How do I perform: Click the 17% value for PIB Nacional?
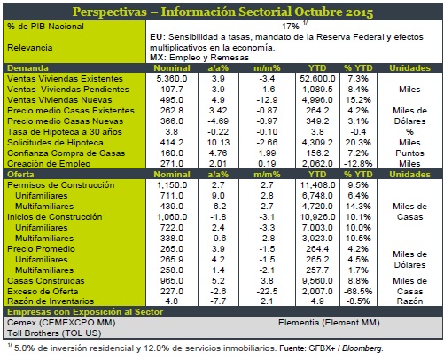(x=291, y=27)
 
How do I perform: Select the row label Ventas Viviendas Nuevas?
(x=59, y=100)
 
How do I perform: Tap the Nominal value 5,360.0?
(x=172, y=79)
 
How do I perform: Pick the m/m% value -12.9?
(x=267, y=100)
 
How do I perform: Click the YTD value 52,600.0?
(x=317, y=79)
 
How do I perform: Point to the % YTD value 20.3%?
(x=358, y=143)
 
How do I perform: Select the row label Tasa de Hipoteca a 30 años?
(x=65, y=132)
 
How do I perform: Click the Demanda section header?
(x=27, y=68)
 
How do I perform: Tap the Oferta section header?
(x=20, y=175)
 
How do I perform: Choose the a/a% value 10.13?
(x=218, y=143)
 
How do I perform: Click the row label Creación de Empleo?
(x=49, y=164)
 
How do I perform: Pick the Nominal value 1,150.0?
(x=172, y=185)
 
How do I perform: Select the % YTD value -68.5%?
(x=358, y=292)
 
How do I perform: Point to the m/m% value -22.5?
(x=267, y=292)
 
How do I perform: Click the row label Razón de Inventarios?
(x=51, y=301)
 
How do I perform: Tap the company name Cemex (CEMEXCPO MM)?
(x=61, y=322)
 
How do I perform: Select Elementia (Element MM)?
(x=329, y=323)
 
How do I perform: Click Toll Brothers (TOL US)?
(x=54, y=333)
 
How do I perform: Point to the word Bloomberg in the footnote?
(x=362, y=348)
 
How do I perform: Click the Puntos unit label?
(x=409, y=153)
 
